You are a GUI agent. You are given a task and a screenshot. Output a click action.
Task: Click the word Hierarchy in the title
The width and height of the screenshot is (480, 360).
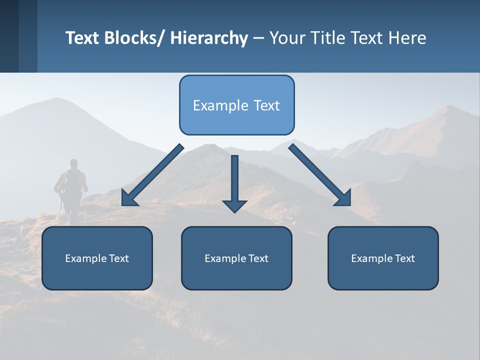[x=209, y=38]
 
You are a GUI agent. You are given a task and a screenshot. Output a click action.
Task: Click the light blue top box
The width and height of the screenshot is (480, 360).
[x=236, y=105]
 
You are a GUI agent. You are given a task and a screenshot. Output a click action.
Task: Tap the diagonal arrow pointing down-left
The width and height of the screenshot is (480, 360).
[x=152, y=175]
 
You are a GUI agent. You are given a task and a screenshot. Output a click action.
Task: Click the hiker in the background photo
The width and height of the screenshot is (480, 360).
[x=71, y=190]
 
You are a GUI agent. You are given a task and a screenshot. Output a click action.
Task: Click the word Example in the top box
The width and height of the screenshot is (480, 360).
[x=220, y=105]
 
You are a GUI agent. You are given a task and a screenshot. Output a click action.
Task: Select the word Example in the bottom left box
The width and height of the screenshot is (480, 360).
[x=85, y=258]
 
